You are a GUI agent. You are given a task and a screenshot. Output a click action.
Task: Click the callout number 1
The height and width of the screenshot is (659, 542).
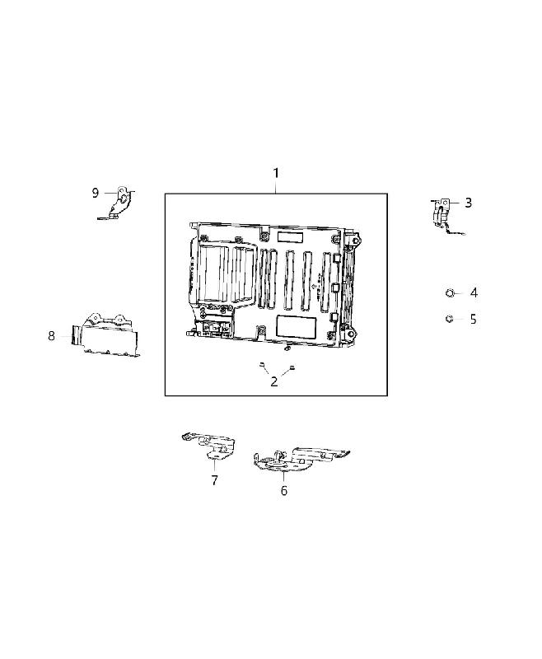click(276, 173)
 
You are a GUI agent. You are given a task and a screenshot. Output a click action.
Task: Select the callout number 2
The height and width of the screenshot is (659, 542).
click(274, 381)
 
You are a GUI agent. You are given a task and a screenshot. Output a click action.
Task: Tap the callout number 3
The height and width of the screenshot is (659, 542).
click(468, 203)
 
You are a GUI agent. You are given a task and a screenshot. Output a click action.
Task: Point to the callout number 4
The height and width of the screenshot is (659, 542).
click(474, 292)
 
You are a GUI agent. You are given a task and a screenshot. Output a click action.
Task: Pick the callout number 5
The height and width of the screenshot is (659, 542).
click(473, 319)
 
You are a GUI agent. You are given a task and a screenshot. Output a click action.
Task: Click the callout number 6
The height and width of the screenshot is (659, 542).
click(284, 490)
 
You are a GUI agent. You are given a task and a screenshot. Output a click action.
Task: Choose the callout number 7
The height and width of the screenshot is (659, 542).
click(215, 480)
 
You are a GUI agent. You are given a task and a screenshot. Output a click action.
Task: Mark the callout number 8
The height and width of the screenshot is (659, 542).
click(51, 336)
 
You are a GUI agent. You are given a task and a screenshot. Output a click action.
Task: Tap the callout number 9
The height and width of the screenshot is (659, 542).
click(96, 193)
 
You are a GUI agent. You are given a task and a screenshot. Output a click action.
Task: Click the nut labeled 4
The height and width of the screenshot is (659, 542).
click(450, 292)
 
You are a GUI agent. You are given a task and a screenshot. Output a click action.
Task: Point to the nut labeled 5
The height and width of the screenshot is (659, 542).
click(449, 319)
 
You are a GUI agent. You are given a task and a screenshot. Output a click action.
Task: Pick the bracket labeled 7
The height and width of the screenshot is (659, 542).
click(209, 446)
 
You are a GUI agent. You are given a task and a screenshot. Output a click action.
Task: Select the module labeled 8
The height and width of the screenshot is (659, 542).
click(105, 335)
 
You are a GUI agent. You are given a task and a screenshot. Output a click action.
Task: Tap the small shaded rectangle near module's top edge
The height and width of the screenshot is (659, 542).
click(289, 236)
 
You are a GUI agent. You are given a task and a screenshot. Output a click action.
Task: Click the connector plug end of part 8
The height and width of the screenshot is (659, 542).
click(77, 335)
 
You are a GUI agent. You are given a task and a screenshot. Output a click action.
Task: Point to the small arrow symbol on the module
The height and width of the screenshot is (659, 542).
click(315, 286)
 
